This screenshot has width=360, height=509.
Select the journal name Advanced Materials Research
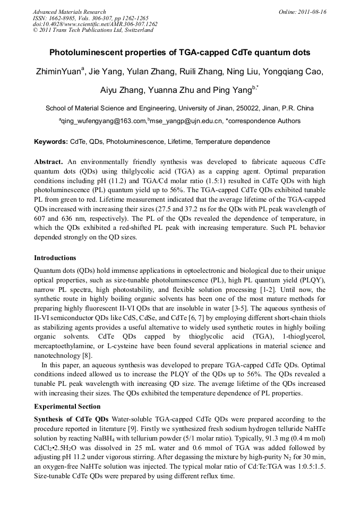pyautogui.click(x=69, y=12)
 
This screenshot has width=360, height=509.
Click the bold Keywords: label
pyautogui.click(x=51, y=142)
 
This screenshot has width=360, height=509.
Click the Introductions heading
pyautogui.click(x=55, y=258)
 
